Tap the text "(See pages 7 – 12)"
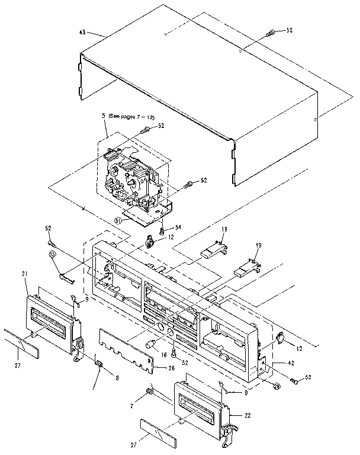(x=131, y=118)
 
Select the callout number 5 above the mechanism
(x=104, y=117)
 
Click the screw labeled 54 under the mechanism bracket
(x=163, y=230)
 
